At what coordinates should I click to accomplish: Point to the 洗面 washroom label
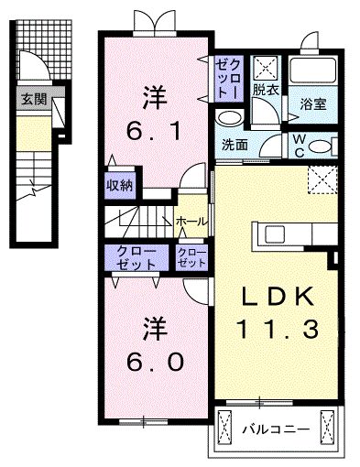pos(234,143)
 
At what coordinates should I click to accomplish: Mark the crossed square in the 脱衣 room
pos(267,67)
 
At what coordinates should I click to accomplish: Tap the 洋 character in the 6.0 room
pos(153,327)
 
